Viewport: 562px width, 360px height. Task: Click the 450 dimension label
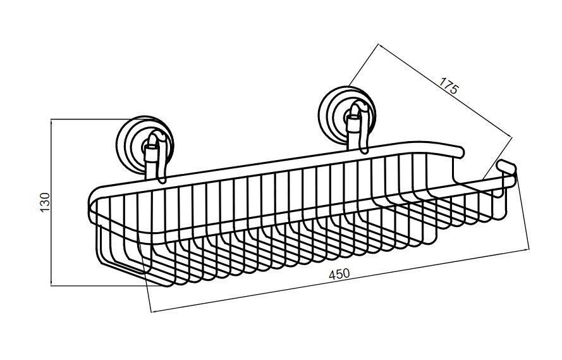point(339,274)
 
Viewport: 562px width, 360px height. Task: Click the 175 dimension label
point(448,85)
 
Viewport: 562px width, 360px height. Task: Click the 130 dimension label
point(45,202)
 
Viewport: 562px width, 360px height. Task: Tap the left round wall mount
point(145,144)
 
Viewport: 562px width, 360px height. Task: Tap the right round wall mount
point(347,115)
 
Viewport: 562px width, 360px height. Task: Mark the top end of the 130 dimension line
point(52,120)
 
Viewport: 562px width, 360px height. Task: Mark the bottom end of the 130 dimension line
point(52,286)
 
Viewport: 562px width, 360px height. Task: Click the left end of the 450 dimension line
point(152,311)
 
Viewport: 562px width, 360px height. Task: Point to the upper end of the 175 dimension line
point(379,44)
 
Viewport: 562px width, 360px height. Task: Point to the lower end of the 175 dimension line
point(511,136)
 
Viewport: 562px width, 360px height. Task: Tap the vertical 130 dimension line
point(52,202)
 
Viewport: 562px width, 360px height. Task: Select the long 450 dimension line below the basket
point(340,279)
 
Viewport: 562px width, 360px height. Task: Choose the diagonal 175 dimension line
point(445,90)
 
